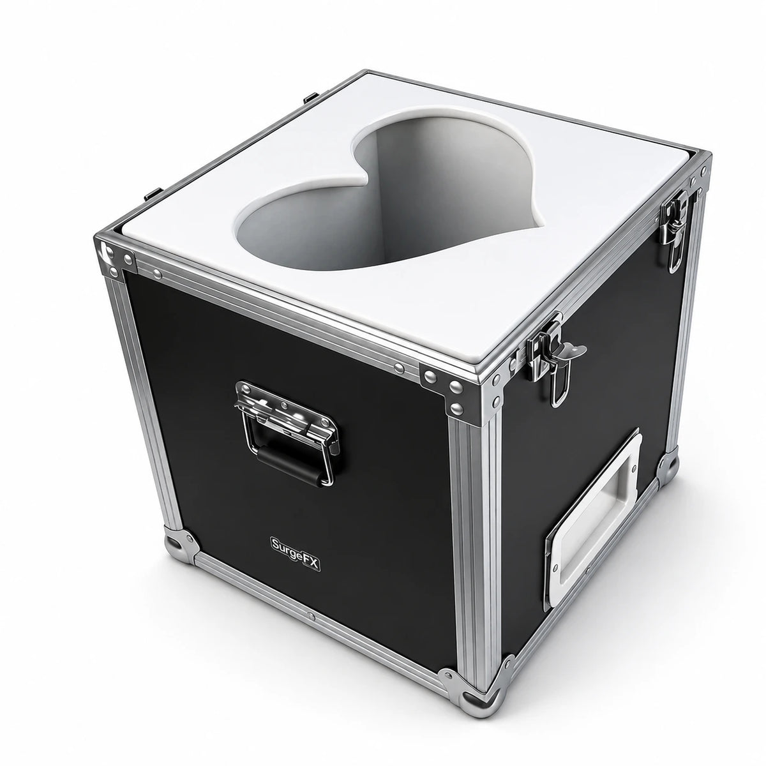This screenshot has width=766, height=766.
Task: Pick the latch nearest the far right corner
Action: coord(674,229)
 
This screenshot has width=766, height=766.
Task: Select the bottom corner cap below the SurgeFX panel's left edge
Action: coord(181,543)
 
